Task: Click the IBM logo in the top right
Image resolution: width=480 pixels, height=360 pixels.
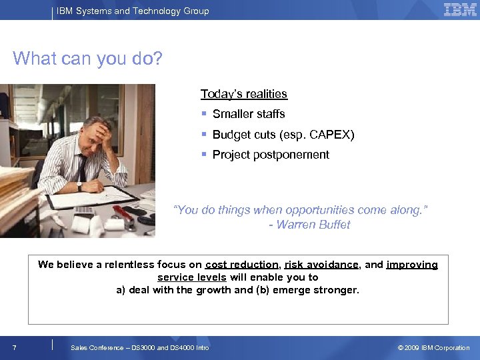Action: pyautogui.click(x=460, y=10)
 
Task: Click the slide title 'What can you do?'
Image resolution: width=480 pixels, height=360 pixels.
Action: pyautogui.click(x=87, y=59)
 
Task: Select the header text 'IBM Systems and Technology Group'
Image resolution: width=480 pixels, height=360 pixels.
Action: pyautogui.click(x=133, y=11)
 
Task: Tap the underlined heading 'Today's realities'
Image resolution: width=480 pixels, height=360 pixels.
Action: pyautogui.click(x=244, y=94)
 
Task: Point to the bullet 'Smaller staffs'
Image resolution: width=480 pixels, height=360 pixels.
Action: pyautogui.click(x=248, y=114)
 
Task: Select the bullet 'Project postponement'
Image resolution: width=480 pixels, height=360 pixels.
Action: pyautogui.click(x=271, y=155)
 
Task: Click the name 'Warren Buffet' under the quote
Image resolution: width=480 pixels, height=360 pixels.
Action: pyautogui.click(x=313, y=225)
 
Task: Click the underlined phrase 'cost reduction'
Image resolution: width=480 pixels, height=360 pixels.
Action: pyautogui.click(x=242, y=265)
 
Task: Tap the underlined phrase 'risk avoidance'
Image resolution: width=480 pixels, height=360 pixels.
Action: pyautogui.click(x=321, y=265)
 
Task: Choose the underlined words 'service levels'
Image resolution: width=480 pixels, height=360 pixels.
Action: pyautogui.click(x=192, y=277)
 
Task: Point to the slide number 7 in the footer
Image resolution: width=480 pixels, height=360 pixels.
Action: pyautogui.click(x=15, y=348)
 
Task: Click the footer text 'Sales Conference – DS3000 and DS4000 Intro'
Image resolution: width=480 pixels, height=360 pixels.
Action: pyautogui.click(x=140, y=348)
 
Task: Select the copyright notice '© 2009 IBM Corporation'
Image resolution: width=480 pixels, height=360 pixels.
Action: pyautogui.click(x=433, y=348)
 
